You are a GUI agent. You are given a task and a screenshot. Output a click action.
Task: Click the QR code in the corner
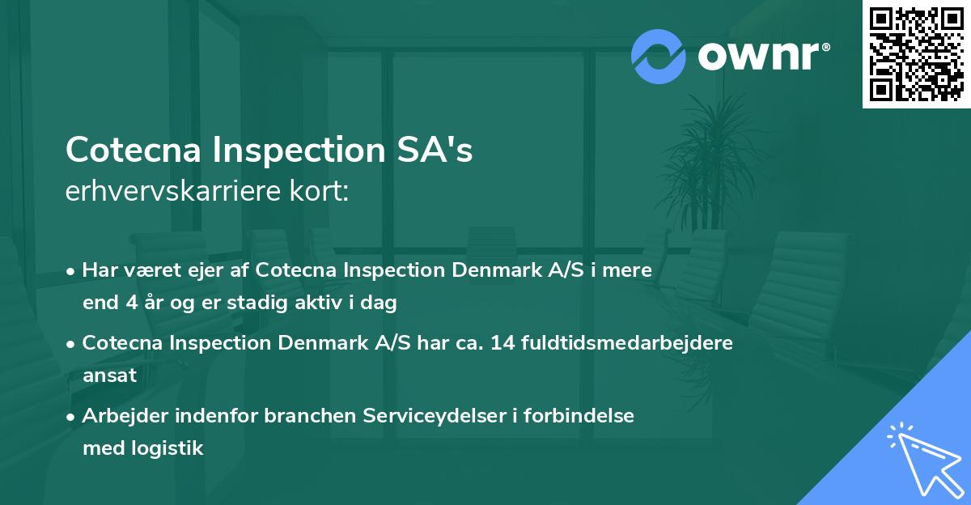pyautogui.click(x=916, y=54)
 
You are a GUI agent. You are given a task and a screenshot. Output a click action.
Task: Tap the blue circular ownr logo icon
pyautogui.click(x=658, y=56)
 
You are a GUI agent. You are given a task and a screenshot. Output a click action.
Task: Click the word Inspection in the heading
pyautogui.click(x=292, y=150)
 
